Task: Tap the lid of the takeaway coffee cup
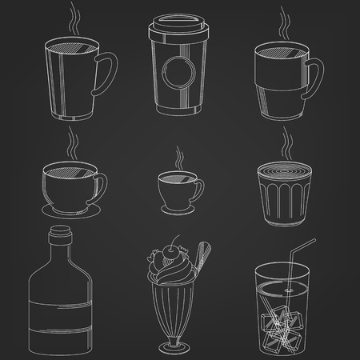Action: point(179,30)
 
